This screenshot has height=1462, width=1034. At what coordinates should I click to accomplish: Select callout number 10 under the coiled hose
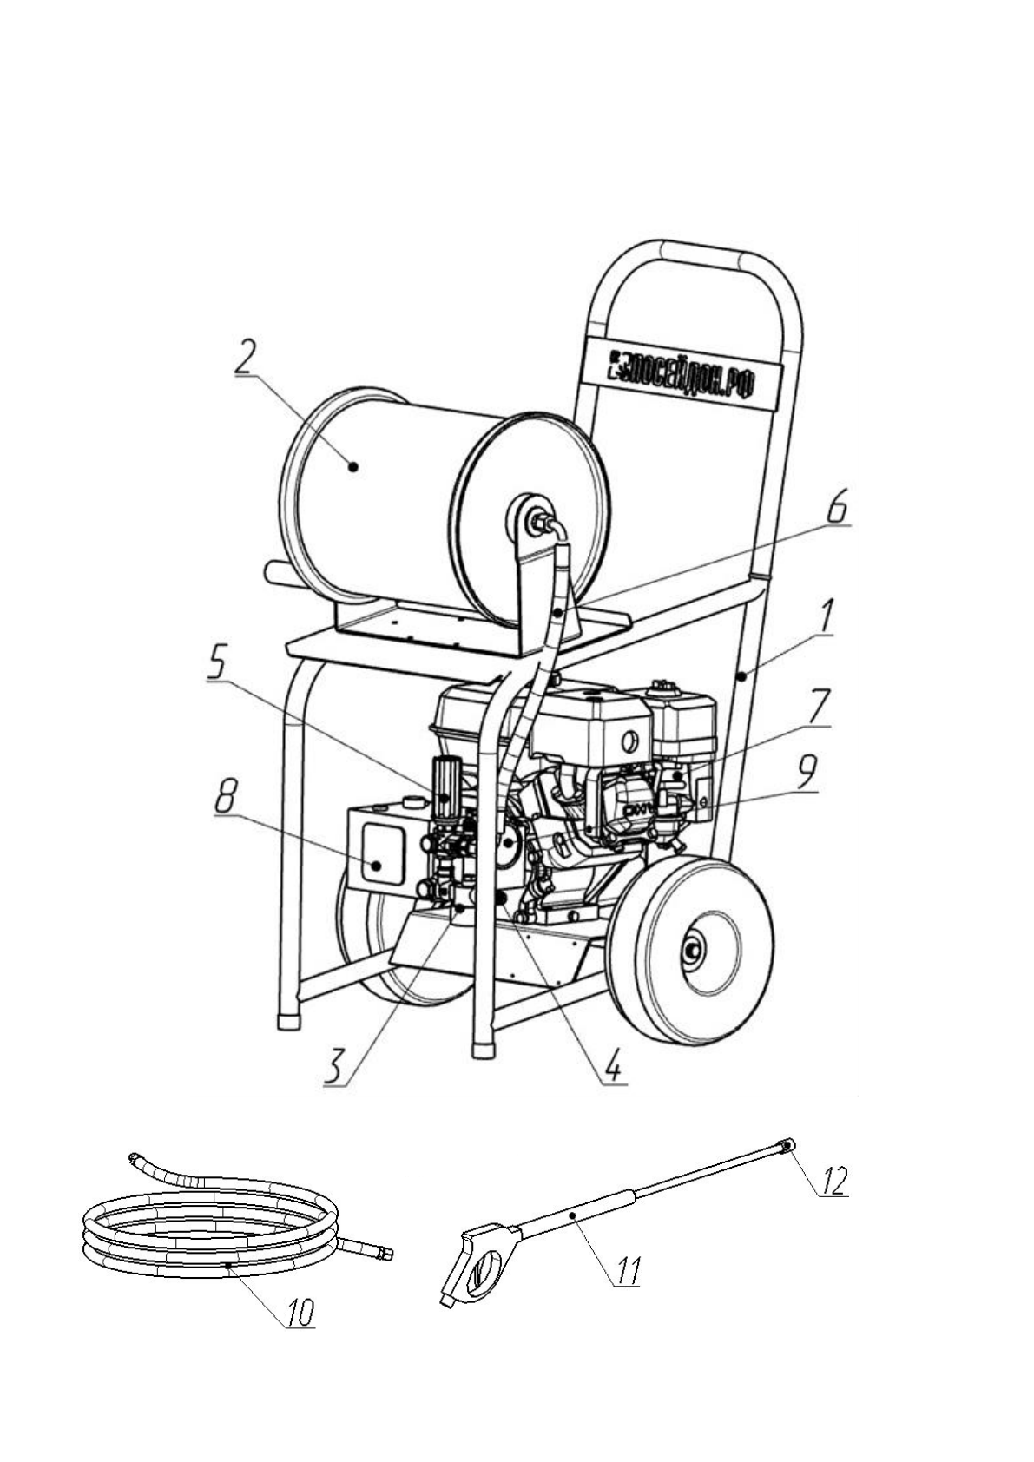coord(300,1311)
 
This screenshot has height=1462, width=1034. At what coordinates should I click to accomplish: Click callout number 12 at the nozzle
coord(832,1182)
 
